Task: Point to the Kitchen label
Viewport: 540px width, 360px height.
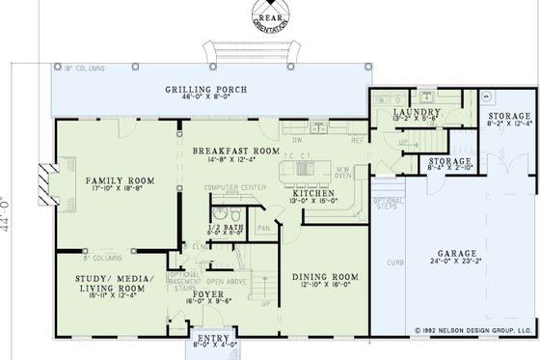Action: point(313,193)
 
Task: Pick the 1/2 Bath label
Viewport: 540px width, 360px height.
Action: point(228,227)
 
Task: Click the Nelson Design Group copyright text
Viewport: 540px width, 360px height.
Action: point(472,329)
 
